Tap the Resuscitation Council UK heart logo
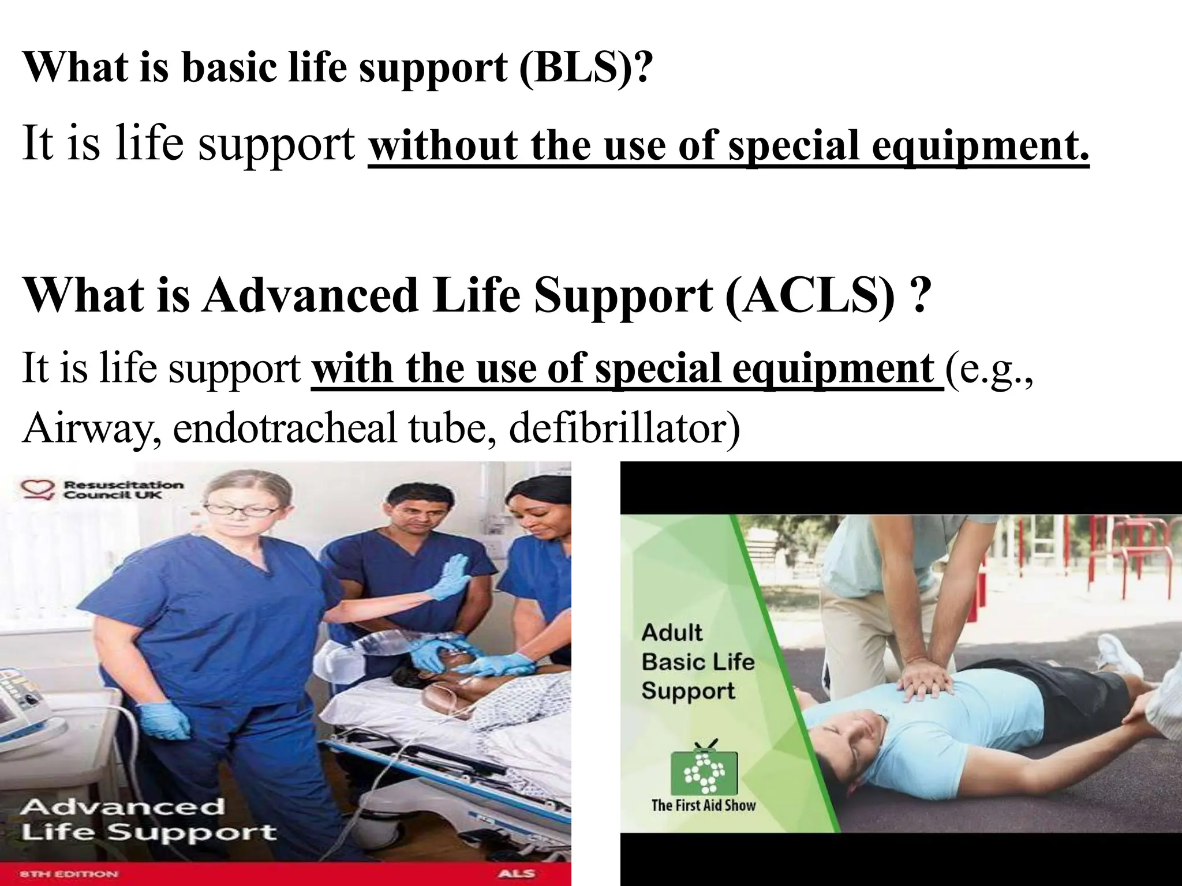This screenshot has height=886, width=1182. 38,489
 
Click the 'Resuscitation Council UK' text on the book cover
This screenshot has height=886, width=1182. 122,490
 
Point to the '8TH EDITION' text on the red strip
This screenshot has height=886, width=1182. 69,874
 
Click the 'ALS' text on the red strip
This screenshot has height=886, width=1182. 517,873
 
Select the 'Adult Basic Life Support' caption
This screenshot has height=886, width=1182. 698,662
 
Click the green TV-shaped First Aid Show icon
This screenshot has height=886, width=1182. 703,768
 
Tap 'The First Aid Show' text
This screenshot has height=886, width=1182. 703,805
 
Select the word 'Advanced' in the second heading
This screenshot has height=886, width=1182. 310,295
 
